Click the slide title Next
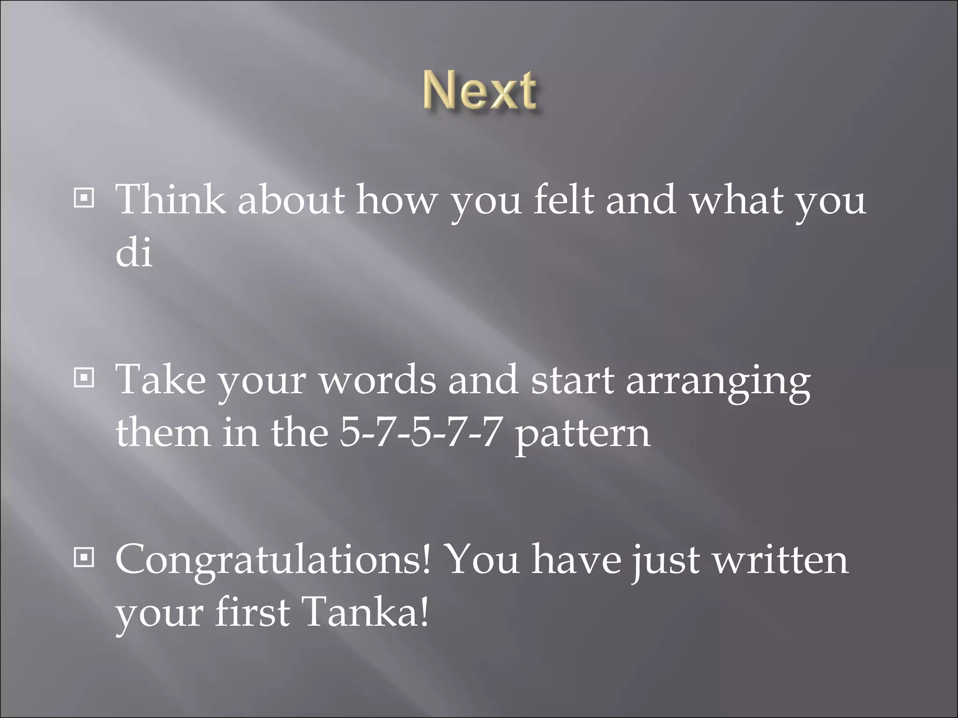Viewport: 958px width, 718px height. (x=480, y=92)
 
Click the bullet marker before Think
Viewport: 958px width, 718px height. (x=84, y=199)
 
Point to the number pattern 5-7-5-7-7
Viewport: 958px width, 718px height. (x=419, y=432)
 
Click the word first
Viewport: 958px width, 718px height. (x=252, y=612)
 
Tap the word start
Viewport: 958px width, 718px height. (x=572, y=380)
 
